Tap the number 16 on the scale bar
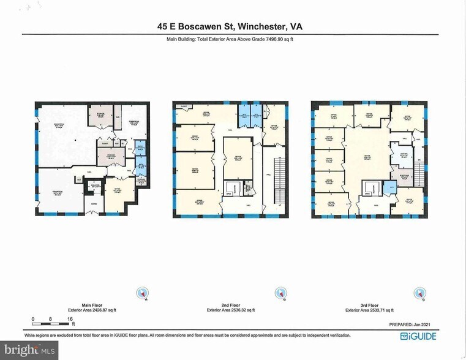pyautogui.click(x=70, y=319)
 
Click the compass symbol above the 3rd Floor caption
pyautogui.click(x=419, y=293)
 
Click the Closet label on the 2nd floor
pyautogui.click(x=182, y=107)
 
